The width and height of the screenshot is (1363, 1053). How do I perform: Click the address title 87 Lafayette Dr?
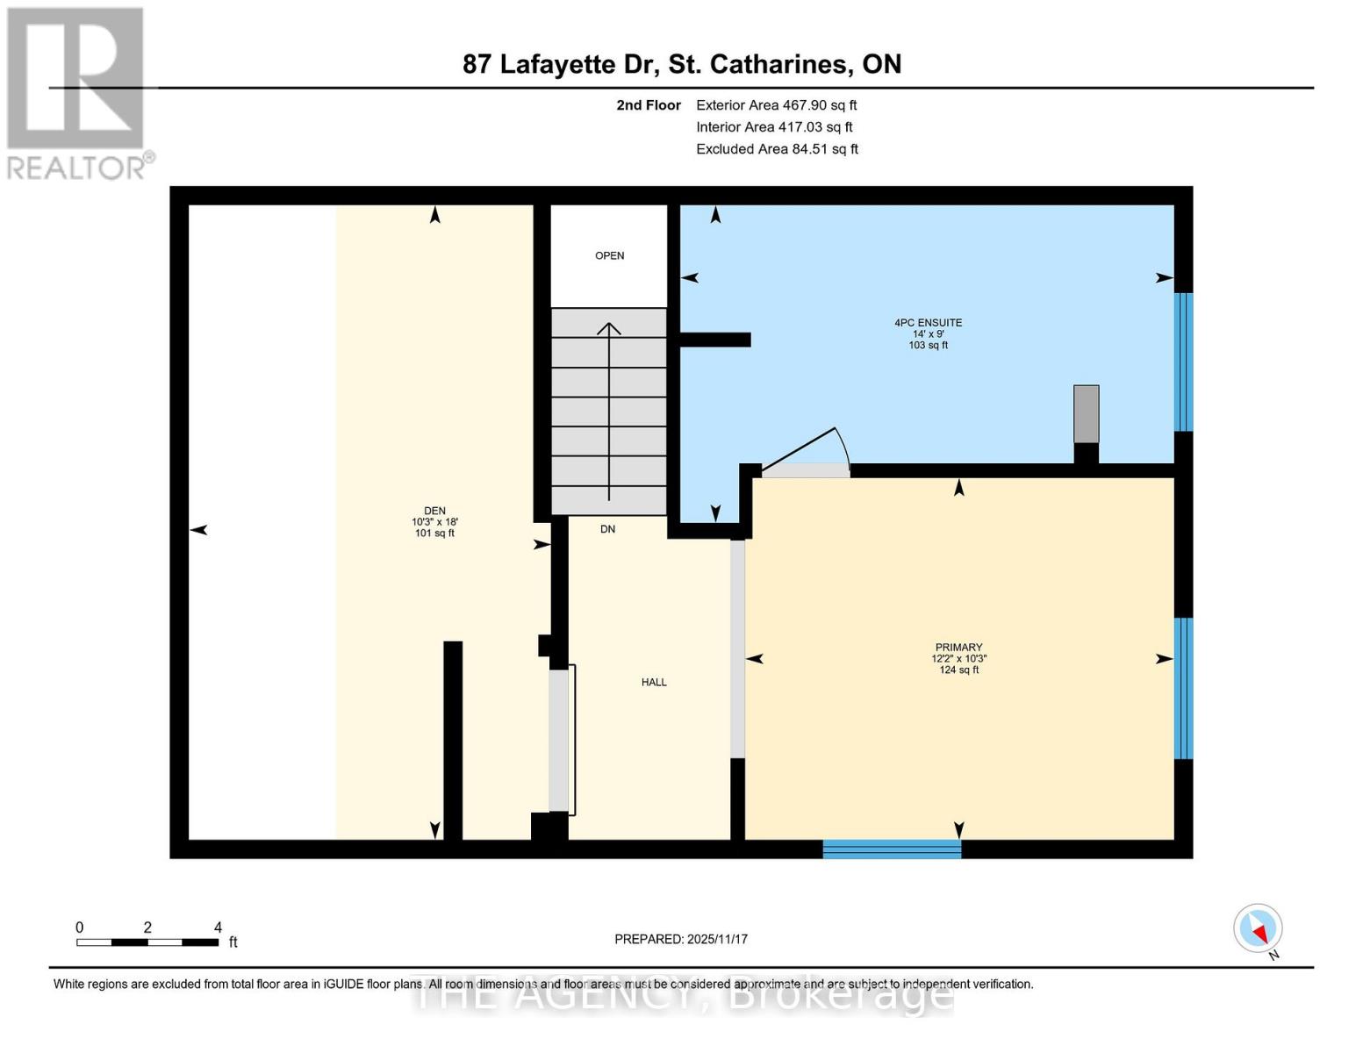[x=682, y=64]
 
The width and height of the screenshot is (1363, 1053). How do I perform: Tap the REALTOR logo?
[x=77, y=93]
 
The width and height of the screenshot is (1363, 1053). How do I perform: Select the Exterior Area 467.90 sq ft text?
[x=776, y=105]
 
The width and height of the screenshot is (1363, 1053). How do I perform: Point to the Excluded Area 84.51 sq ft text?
[x=777, y=149]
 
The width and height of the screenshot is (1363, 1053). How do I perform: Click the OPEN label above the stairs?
[x=609, y=256]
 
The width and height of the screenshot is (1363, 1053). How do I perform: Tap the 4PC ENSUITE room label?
[x=928, y=323]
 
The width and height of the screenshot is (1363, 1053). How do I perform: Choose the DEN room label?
[x=434, y=511]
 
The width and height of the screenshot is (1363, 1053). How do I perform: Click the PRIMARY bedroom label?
[x=958, y=648]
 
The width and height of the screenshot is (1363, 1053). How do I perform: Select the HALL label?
[x=654, y=682]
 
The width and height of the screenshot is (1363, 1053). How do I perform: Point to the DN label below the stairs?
[x=607, y=529]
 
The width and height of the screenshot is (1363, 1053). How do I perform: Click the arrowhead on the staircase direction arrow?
[x=609, y=328]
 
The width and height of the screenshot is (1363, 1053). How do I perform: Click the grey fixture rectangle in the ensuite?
[x=1086, y=414]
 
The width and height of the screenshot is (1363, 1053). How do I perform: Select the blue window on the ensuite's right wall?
[x=1183, y=362]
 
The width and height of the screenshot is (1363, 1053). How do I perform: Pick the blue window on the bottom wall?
[x=892, y=849]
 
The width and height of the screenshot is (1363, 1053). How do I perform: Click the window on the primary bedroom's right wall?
[x=1183, y=688]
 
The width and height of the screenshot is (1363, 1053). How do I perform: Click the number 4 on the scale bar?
[x=218, y=928]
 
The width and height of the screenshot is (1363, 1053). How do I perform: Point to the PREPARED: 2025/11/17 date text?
[x=681, y=939]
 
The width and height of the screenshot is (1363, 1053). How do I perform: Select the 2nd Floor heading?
[x=649, y=105]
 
